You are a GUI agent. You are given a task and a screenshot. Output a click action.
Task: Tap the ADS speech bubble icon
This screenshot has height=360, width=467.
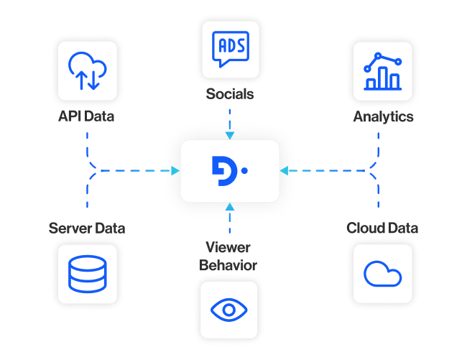229,49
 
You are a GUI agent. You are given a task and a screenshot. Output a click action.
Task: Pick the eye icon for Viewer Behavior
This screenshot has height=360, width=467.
229,310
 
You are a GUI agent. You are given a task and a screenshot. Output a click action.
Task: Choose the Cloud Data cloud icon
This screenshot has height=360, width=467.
382,273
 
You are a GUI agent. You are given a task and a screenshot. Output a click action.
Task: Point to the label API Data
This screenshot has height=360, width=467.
86,116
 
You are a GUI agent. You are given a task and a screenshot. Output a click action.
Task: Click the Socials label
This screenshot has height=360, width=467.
229,94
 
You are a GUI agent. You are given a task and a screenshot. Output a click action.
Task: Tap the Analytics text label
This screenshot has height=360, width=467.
383,116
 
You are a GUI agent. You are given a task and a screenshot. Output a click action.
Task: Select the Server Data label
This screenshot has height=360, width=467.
87,229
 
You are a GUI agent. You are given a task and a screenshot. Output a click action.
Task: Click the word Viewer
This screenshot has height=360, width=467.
228,248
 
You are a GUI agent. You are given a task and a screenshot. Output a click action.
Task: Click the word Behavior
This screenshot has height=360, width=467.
228,265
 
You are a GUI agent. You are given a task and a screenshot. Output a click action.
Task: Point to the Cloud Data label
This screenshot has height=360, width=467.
382,229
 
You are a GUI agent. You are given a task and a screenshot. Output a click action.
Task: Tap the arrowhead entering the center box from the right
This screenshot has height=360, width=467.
284,171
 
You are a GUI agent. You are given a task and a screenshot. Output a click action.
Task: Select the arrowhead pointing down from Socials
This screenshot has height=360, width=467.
229,135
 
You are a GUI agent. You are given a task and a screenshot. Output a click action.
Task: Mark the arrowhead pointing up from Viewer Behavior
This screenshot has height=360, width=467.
229,207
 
